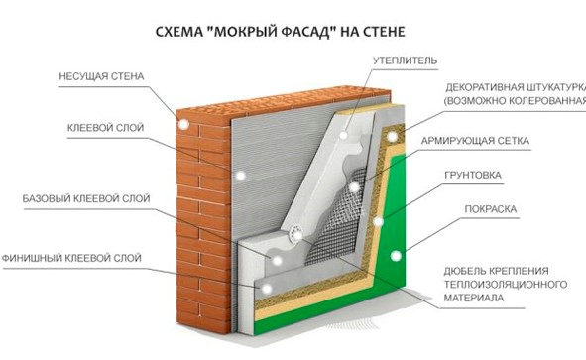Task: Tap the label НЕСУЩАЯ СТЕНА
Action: coord(101,76)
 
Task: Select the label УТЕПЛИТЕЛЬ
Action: coord(405,60)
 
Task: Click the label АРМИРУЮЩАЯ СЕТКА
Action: coord(475,141)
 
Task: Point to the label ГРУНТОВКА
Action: coord(473,175)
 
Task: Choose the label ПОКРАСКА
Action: coord(491,209)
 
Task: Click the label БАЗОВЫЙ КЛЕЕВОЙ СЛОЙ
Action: coord(86,198)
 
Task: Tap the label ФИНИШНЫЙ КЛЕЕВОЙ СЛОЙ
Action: coord(71,258)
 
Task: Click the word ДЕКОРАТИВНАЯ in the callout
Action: coord(484,88)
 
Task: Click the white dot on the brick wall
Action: coord(183,125)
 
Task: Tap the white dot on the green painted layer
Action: coord(396,256)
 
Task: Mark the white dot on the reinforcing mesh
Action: coord(354,186)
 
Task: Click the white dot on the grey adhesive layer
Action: coord(241,175)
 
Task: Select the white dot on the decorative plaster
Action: coord(392,137)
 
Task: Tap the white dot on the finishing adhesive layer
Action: coord(266,289)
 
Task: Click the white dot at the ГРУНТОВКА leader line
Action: coord(378,222)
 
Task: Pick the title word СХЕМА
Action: coord(177,32)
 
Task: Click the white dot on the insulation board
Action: coord(343,135)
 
